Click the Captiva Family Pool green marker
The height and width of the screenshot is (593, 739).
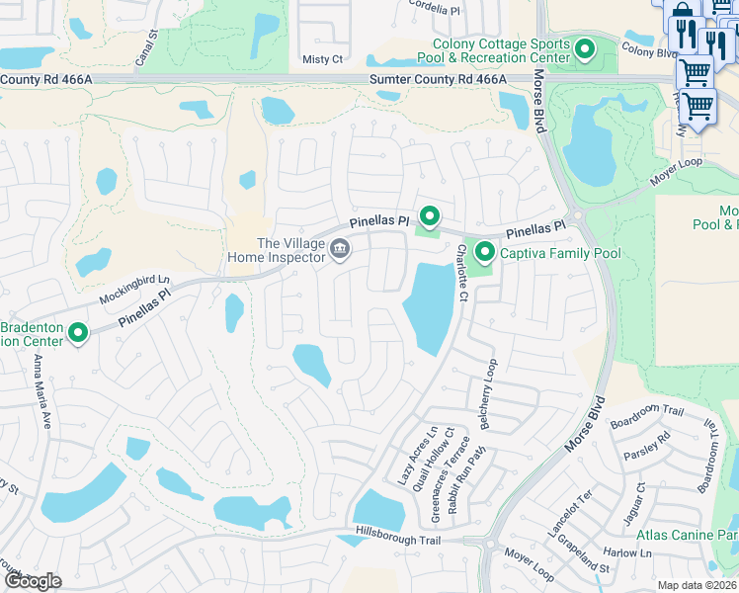(484, 253)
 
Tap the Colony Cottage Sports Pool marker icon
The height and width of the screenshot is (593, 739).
(585, 47)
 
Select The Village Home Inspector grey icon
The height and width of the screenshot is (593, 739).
(339, 247)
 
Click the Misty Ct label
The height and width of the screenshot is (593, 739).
(322, 59)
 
